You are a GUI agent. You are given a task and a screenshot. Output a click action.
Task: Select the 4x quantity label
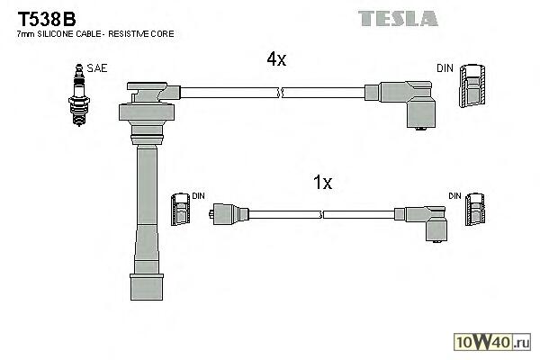click(x=275, y=59)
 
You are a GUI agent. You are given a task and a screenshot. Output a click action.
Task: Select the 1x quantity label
click(x=322, y=183)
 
